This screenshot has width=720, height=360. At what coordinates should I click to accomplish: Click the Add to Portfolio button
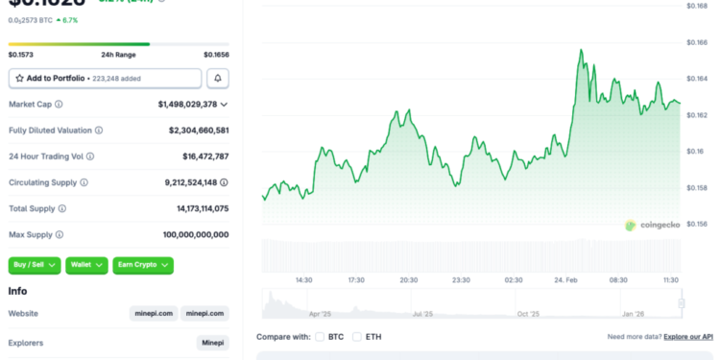106,79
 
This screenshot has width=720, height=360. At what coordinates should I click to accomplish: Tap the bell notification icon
219,79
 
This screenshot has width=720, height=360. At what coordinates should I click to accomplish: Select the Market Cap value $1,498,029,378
188,104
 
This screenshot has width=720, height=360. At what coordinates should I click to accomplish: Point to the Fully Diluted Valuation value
198,130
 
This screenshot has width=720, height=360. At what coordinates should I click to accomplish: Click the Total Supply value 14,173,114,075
196,207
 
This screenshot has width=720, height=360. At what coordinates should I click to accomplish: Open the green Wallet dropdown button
86,264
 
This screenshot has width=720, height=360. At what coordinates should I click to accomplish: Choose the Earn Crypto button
143,264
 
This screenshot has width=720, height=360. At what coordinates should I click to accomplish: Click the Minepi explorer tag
212,343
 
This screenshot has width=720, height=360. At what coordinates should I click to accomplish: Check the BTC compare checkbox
320,337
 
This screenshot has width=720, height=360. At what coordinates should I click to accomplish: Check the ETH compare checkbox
357,337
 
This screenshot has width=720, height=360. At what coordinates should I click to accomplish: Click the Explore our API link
689,337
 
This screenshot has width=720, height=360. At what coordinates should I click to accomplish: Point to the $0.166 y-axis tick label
696,42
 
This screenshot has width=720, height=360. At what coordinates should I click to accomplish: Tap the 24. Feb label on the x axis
565,279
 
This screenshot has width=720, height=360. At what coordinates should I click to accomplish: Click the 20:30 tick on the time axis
408,279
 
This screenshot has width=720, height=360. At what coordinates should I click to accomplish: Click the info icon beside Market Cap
59,104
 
